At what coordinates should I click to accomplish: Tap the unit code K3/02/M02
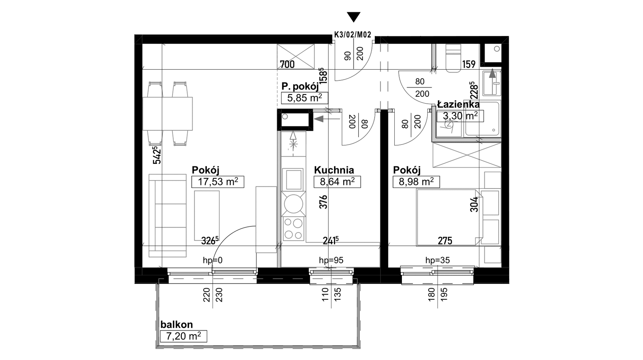[x=353, y=35]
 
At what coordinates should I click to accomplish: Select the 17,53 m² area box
[x=218, y=182]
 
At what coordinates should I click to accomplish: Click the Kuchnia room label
[x=334, y=170]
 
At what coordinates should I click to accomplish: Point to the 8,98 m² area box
[x=416, y=182]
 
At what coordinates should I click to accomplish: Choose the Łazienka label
[x=458, y=105]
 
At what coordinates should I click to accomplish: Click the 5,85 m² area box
[x=305, y=97]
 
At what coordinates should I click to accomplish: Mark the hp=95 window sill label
[x=331, y=260]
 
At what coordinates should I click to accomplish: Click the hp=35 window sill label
[x=438, y=260]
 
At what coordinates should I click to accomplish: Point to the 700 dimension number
[x=287, y=64]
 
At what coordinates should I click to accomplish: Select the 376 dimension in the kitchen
[x=323, y=202]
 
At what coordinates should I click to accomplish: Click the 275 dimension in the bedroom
[x=445, y=241]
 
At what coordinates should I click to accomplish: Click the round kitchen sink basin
[x=294, y=204]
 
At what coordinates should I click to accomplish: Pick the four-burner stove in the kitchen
[x=294, y=229]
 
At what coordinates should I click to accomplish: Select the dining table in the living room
[x=168, y=114]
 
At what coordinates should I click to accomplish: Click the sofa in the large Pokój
[x=168, y=216]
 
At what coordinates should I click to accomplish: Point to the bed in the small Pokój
[x=449, y=217]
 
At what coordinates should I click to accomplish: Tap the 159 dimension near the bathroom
[x=469, y=64]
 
